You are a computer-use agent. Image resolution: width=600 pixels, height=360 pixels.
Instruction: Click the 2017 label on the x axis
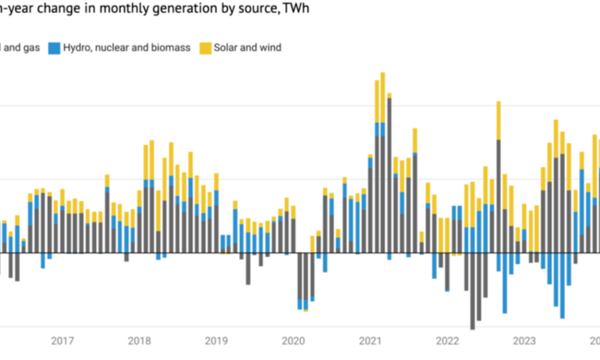[x=62, y=341]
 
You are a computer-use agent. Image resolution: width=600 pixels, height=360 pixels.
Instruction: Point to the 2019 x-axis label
[x=217, y=341]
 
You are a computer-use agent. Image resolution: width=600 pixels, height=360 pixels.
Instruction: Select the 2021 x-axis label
[x=370, y=341]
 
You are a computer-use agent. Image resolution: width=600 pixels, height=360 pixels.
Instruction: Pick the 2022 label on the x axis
[x=447, y=341]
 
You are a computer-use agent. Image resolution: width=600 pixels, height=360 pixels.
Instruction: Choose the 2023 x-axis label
[x=524, y=341]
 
